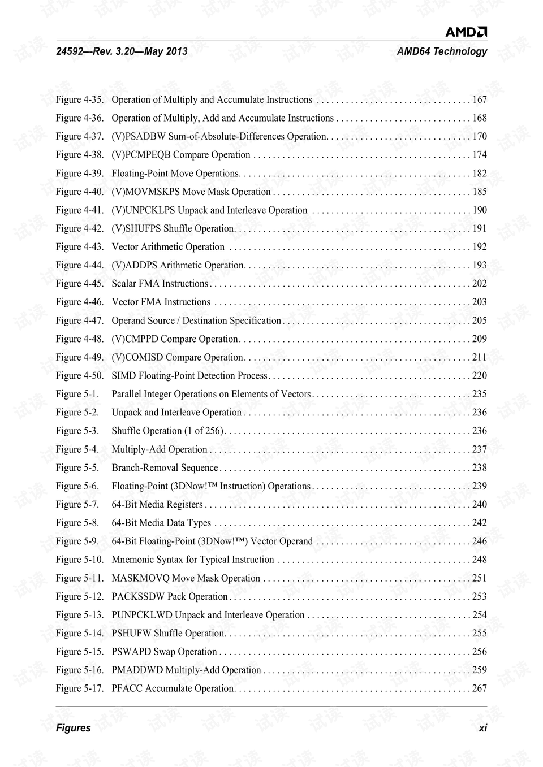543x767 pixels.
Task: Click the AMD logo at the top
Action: click(466, 32)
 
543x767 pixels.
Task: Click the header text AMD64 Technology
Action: click(441, 51)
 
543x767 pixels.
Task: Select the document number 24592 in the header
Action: click(69, 51)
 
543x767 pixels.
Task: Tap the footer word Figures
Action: click(73, 728)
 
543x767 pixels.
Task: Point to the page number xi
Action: click(482, 728)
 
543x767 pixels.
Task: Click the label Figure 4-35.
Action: click(79, 100)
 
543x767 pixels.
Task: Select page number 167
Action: click(479, 100)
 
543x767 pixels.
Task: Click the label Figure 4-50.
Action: click(79, 376)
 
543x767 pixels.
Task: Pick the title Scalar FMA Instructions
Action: click(160, 284)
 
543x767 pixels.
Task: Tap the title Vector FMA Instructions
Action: click(161, 302)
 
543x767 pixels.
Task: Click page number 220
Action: click(479, 376)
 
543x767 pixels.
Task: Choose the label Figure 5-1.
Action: click(77, 395)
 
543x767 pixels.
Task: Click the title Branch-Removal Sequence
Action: click(165, 468)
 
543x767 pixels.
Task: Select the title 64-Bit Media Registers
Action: click(157, 505)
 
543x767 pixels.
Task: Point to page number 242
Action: click(479, 523)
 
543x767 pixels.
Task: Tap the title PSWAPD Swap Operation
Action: click(164, 652)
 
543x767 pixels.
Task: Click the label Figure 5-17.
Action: click(79, 688)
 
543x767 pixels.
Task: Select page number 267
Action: click(479, 688)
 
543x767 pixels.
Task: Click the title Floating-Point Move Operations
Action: click(175, 174)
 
